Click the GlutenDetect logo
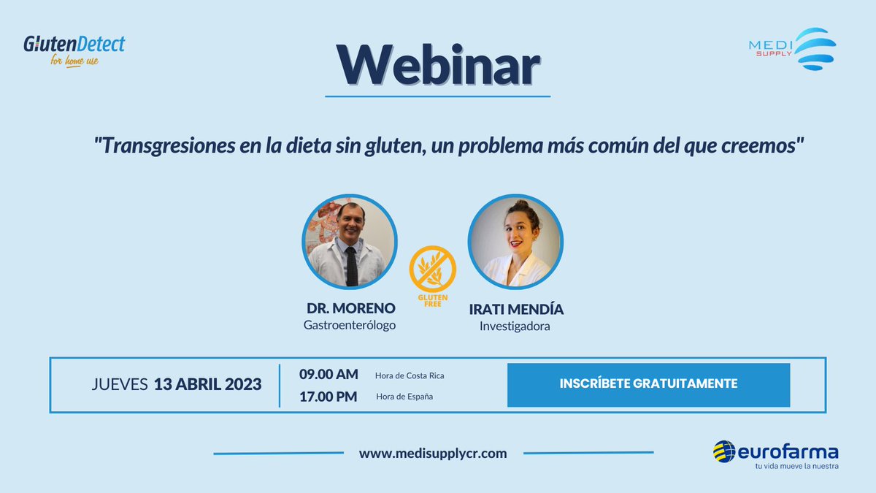click(74, 49)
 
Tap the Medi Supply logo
click(792, 48)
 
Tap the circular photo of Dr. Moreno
click(350, 243)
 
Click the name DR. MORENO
click(350, 309)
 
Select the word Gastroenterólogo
click(350, 325)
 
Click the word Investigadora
click(515, 326)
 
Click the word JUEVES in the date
click(120, 385)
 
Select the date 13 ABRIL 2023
click(208, 385)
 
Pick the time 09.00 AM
click(328, 374)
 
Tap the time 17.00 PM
click(328, 397)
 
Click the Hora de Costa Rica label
click(410, 375)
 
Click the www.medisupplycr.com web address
click(433, 454)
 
